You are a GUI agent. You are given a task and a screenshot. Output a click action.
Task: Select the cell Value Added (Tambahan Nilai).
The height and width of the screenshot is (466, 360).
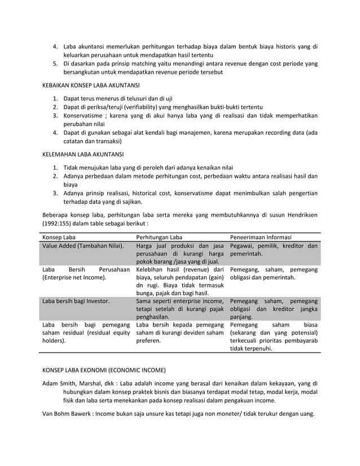(83, 247)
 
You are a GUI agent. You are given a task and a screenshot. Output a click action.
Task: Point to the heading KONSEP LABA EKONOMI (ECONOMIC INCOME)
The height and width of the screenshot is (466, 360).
(104, 371)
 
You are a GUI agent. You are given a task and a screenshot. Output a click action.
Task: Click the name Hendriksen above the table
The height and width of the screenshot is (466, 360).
(298, 214)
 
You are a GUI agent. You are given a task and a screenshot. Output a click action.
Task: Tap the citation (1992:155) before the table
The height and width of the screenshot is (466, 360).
(60, 223)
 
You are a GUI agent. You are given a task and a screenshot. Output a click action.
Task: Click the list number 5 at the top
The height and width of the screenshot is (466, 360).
(55, 64)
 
